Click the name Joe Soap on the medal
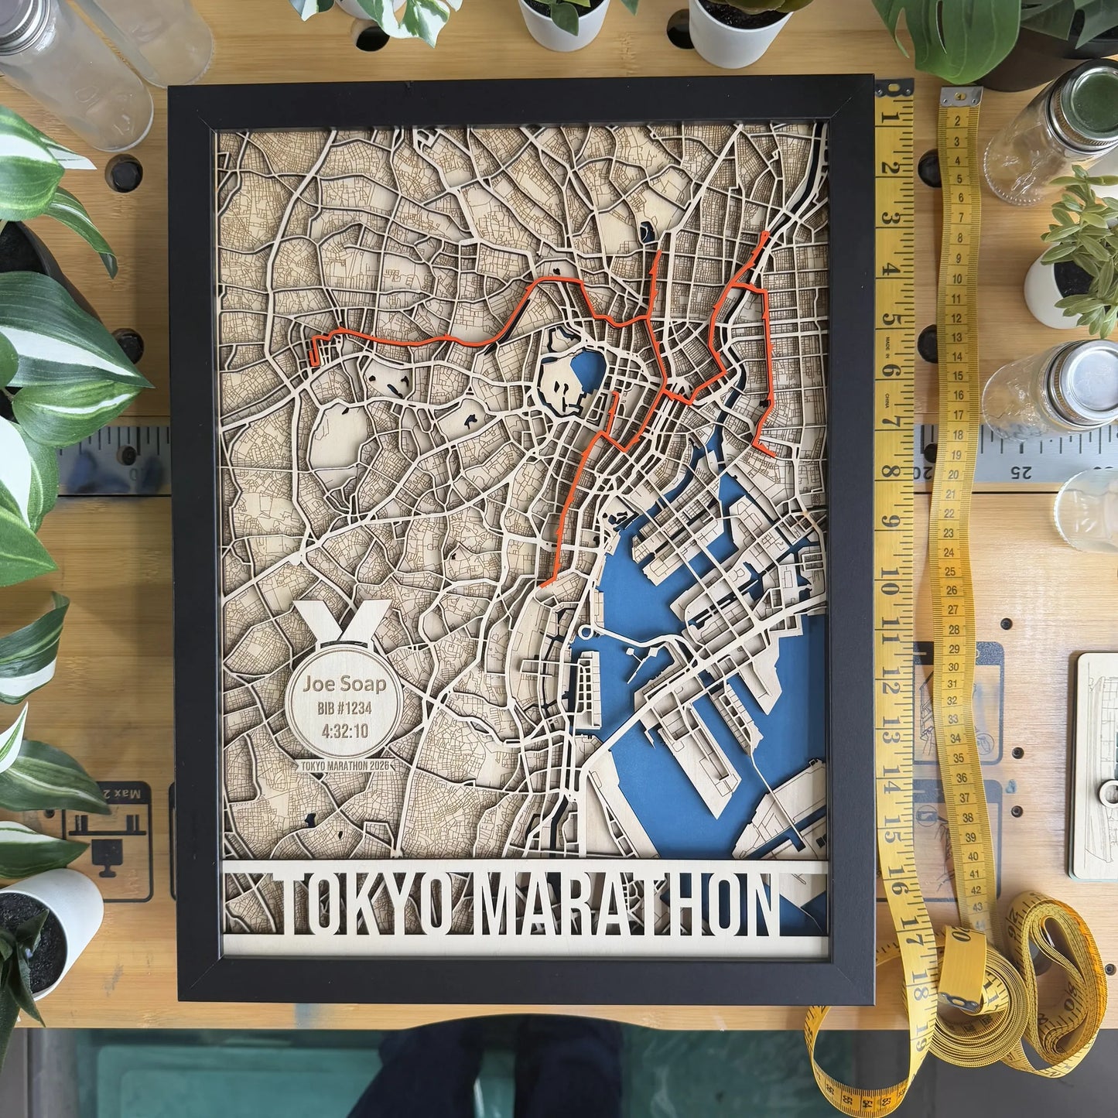click(x=344, y=684)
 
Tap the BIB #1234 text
click(x=344, y=708)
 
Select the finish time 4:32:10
click(x=344, y=730)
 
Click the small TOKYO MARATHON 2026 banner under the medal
click(x=344, y=765)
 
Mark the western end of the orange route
click(x=313, y=353)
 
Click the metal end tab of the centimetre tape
click(x=961, y=98)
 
